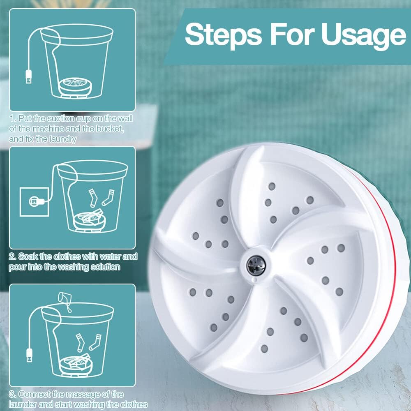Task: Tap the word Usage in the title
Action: point(364,35)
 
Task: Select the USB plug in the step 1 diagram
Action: point(29,77)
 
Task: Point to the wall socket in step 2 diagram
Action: point(35,201)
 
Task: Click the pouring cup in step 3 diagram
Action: point(65,298)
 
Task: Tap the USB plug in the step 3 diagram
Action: point(30,355)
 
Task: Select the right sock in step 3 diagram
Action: point(95,342)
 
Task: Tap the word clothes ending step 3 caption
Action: point(134,404)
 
